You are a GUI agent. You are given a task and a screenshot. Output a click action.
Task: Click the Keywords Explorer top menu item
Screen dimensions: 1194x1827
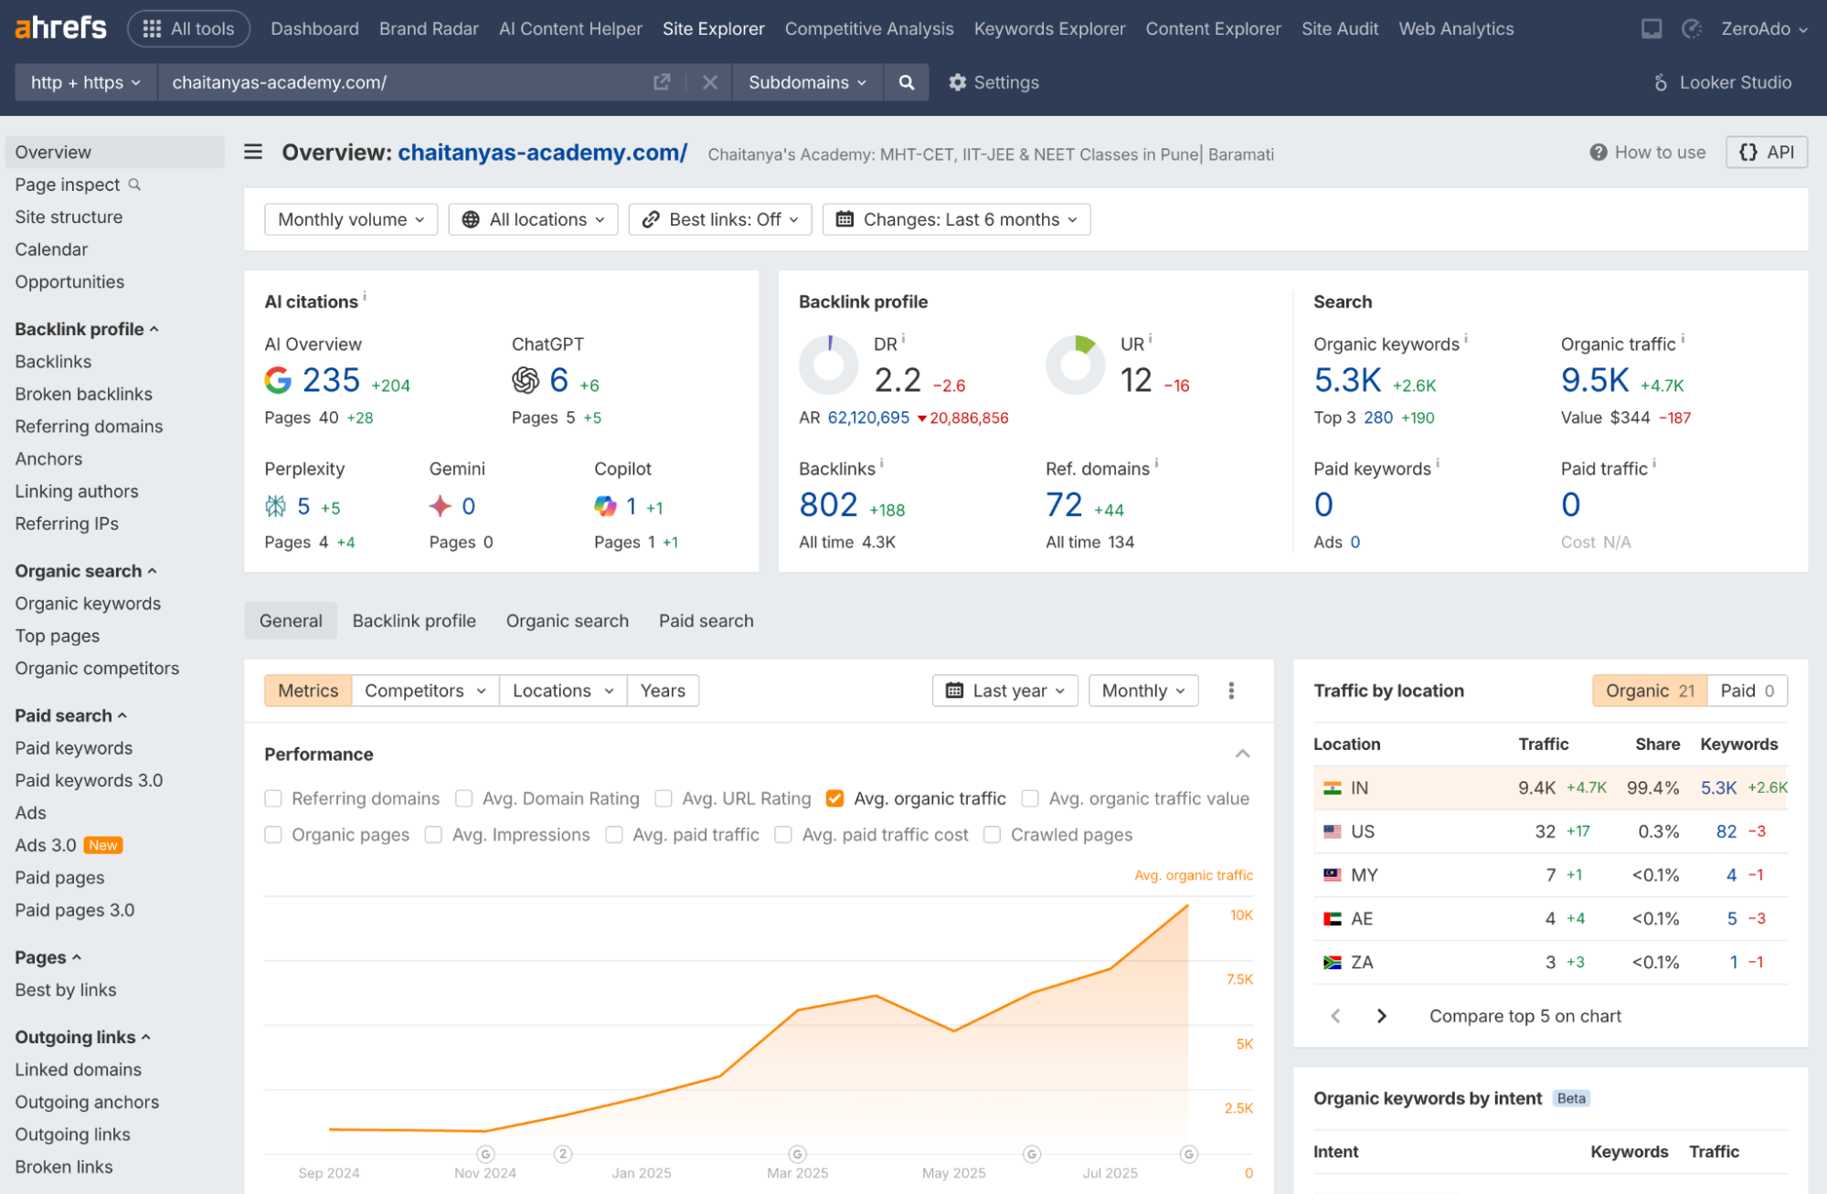[1049, 28]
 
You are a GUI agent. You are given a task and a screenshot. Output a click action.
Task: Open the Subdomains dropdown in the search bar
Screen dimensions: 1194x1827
[806, 82]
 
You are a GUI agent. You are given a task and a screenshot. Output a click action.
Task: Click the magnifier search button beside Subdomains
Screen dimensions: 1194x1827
[906, 82]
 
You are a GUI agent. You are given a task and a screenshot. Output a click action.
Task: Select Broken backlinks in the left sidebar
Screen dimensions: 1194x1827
[83, 394]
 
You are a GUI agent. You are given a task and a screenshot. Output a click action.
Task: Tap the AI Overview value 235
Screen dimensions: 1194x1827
[331, 380]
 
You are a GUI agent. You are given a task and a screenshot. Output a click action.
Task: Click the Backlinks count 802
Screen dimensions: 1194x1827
[827, 505]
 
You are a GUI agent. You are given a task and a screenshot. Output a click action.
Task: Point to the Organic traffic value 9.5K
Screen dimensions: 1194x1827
[1594, 380]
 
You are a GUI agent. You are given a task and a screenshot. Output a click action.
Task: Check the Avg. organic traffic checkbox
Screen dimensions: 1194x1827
[834, 798]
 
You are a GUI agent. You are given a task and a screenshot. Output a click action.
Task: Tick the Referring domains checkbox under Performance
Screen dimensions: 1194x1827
[273, 798]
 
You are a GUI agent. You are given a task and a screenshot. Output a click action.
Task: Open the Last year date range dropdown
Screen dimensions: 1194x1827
[1004, 691]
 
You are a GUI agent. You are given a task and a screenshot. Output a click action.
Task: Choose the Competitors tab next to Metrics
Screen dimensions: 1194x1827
[424, 691]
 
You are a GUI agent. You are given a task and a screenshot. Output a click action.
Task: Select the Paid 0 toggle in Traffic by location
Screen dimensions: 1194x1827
[1746, 691]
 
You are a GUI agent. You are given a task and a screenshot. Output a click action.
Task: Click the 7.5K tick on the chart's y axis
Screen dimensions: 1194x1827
[1239, 979]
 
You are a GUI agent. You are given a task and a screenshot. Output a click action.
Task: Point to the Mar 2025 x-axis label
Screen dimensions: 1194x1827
[797, 1173]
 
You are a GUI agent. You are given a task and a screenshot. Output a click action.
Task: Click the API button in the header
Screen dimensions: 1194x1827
[1766, 153]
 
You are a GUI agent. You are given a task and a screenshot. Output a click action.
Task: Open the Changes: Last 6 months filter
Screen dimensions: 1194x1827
[956, 219]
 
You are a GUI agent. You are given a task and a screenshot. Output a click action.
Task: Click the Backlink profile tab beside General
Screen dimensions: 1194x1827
[414, 621]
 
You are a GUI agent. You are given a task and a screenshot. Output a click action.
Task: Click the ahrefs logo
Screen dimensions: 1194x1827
[60, 28]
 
